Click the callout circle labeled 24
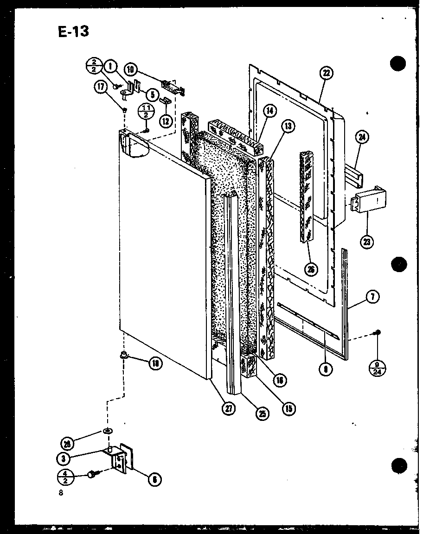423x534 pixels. coord(362,137)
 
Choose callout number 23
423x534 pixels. coord(368,241)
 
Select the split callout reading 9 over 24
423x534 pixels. coord(378,365)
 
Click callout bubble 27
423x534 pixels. coord(229,408)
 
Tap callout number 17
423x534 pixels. coord(101,87)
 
